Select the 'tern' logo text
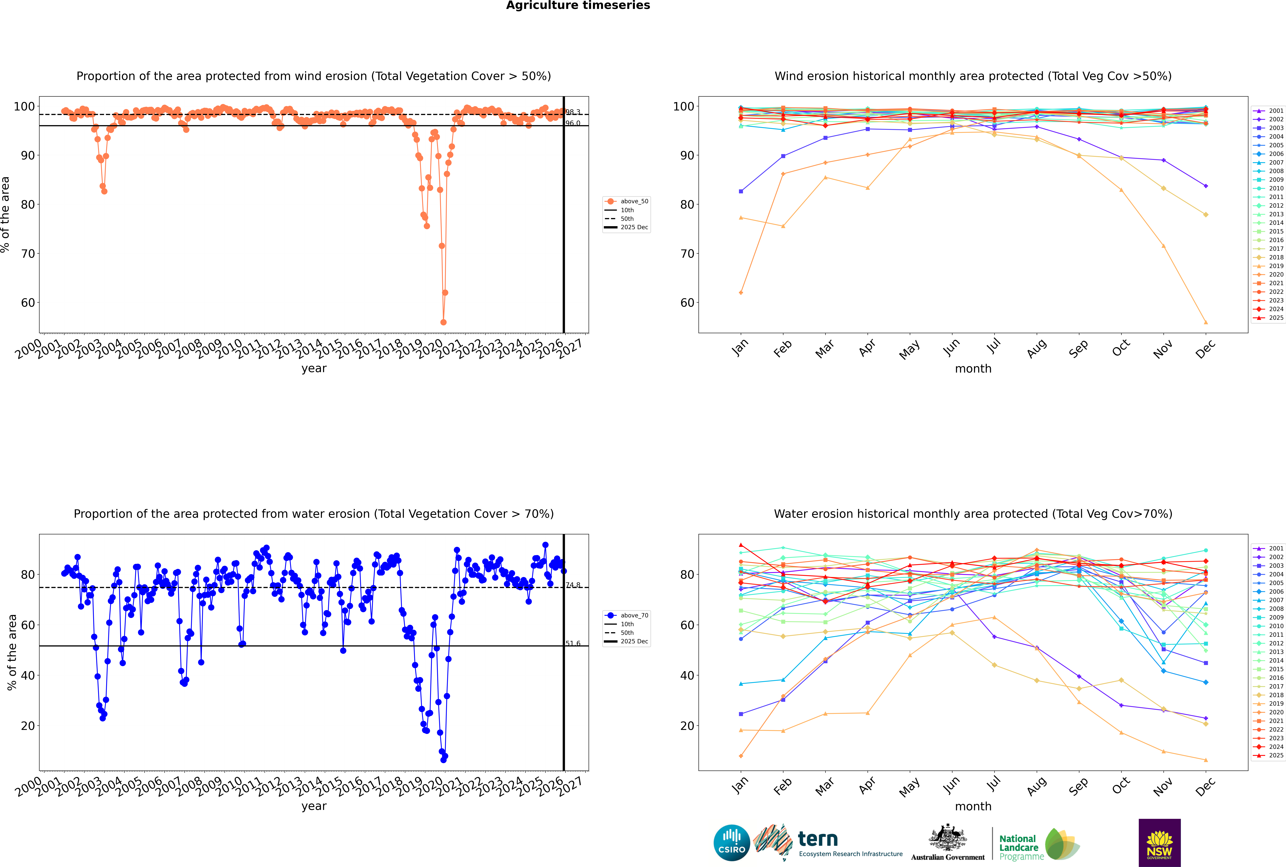[x=818, y=839]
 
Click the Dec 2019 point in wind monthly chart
[x=1206, y=322]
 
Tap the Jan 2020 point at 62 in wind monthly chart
[x=741, y=293]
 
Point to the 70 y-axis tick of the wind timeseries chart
[x=28, y=254]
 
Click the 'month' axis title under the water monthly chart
[x=973, y=806]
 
